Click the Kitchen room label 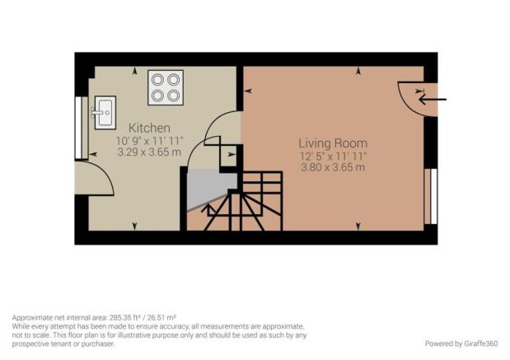click(x=149, y=128)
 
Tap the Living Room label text click(x=333, y=143)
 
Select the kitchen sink click(x=105, y=113)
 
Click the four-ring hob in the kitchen click(x=166, y=87)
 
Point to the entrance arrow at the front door click(x=433, y=99)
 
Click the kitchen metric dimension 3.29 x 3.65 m click(x=149, y=152)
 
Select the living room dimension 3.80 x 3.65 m click(x=333, y=167)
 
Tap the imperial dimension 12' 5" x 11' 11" click(x=333, y=156)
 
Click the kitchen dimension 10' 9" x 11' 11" click(x=150, y=141)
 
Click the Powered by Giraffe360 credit click(x=461, y=344)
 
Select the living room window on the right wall click(x=431, y=196)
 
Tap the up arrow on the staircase click(x=208, y=210)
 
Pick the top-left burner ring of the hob click(x=157, y=79)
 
